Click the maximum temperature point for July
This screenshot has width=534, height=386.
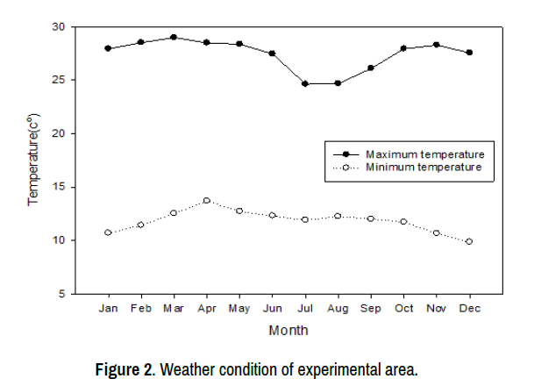(x=305, y=84)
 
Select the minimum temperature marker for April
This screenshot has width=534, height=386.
(x=207, y=201)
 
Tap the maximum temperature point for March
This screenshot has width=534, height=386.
(x=174, y=38)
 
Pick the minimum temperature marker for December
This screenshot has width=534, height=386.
(x=469, y=241)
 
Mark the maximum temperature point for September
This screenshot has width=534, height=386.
(x=371, y=68)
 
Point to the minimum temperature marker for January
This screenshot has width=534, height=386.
(x=108, y=232)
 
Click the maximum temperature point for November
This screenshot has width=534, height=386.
(x=437, y=45)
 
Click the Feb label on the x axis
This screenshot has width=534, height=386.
(x=140, y=309)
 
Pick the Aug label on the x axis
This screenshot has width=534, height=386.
(x=338, y=309)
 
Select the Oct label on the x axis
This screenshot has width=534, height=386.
(x=403, y=309)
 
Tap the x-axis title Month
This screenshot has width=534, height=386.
(x=288, y=331)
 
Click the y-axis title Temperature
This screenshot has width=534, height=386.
(x=34, y=160)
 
